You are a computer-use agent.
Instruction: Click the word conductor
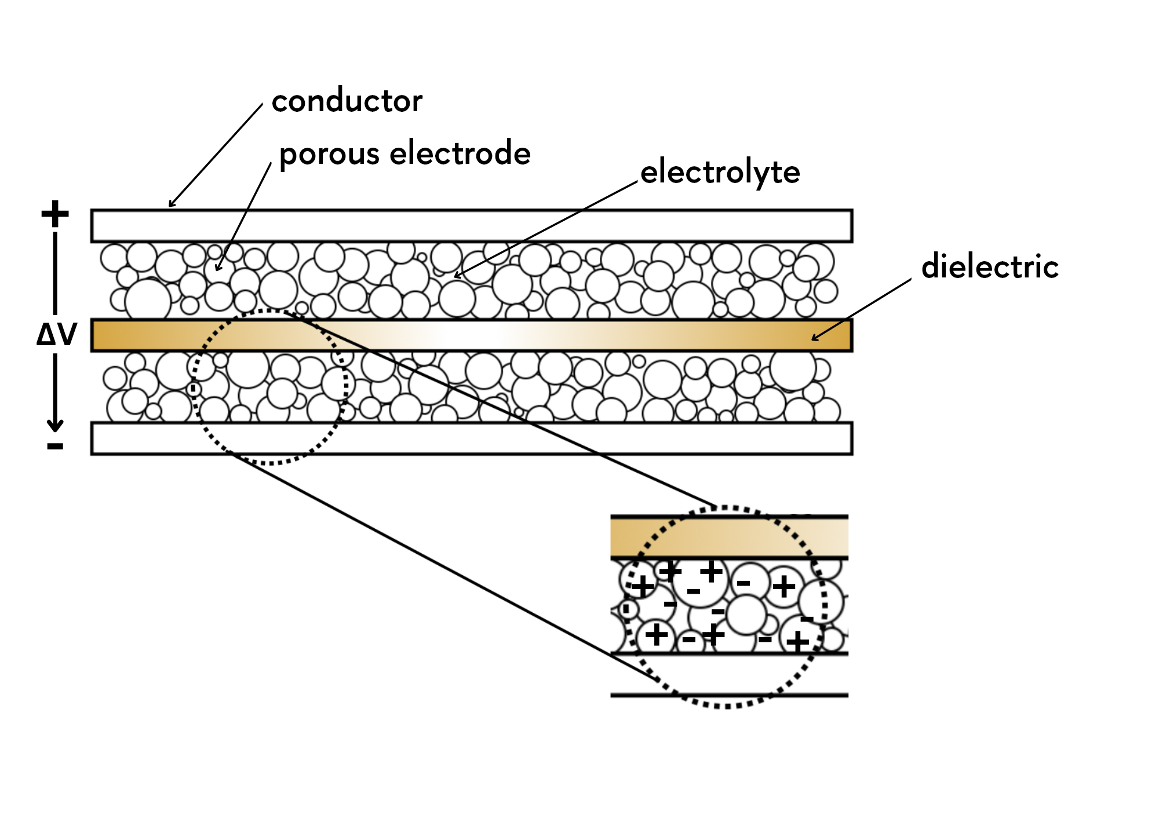347,101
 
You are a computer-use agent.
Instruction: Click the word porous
329,155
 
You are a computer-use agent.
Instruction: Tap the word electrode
460,153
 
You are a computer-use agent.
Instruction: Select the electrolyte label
720,173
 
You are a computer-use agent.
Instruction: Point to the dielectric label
990,267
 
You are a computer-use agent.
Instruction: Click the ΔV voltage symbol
56,335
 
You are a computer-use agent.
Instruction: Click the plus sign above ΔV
55,214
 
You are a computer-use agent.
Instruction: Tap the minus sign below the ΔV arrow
55,446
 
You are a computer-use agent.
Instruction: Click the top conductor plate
471,225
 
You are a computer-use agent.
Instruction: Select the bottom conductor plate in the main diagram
471,438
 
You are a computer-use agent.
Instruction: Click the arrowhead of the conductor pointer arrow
170,204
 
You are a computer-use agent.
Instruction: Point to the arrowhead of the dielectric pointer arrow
814,338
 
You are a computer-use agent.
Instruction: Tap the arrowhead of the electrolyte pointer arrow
457,276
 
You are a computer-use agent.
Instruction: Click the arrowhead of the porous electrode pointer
217,268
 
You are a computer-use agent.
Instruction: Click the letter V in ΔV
66,335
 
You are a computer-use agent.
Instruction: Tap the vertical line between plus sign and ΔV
55,272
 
